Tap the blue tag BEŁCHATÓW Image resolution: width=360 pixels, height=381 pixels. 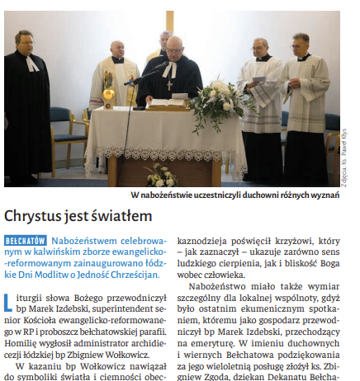[x=27, y=240]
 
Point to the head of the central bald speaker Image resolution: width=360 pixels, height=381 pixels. [x=174, y=46]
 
